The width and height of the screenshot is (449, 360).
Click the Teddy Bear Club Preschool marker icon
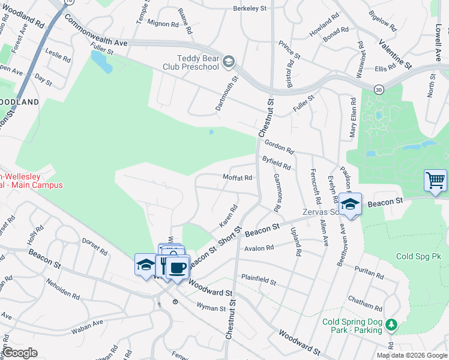229,61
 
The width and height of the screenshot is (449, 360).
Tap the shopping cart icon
435,179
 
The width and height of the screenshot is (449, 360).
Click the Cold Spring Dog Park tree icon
391,325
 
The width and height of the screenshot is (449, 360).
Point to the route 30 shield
378,89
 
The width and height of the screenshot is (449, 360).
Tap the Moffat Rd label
237,178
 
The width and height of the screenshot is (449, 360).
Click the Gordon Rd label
279,148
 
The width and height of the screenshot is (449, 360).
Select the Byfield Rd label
277,162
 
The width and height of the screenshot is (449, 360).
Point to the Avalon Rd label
258,247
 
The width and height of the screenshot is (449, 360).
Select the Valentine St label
395,53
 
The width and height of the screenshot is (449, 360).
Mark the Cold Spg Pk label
418,256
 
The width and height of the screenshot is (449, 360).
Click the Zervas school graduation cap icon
350,203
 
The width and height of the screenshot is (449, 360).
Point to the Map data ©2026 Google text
412,355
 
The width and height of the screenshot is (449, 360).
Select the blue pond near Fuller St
101,61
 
